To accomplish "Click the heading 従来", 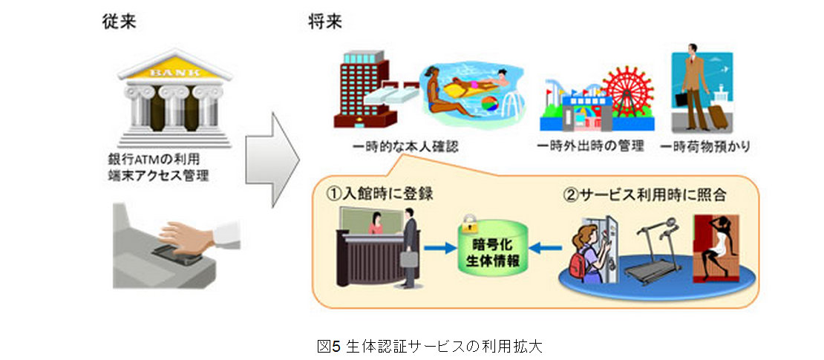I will [x=119, y=23].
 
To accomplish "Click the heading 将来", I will [x=325, y=23].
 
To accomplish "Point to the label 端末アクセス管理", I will [x=154, y=176].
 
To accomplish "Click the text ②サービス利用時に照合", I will [x=645, y=195].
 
